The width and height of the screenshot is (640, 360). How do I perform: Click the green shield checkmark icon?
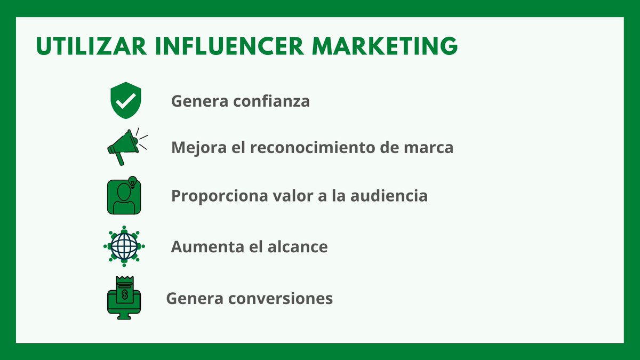coord(125,100)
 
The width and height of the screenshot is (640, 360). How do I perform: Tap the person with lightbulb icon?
coord(125,196)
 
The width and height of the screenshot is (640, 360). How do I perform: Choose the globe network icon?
coord(124,246)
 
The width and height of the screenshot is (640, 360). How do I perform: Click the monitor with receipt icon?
coord(125,298)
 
